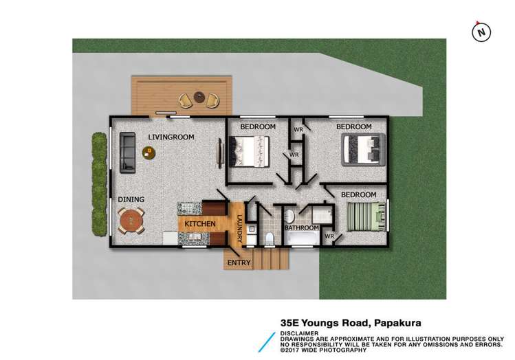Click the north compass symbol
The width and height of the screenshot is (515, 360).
pos(481,31)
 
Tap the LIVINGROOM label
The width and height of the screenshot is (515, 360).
pos(171,137)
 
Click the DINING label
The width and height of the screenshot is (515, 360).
pos(131,200)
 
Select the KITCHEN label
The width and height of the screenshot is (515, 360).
pos(200,224)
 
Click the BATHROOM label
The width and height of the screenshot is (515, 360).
pos(302,227)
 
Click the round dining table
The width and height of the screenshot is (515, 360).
pos(131,221)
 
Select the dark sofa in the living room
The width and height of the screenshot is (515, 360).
pos(127,152)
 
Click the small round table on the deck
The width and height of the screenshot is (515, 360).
pos(199,97)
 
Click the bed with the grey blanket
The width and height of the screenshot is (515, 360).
pos(362,148)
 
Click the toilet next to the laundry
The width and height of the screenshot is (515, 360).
pos(270,238)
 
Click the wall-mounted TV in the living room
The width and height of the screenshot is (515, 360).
pos(221,151)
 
